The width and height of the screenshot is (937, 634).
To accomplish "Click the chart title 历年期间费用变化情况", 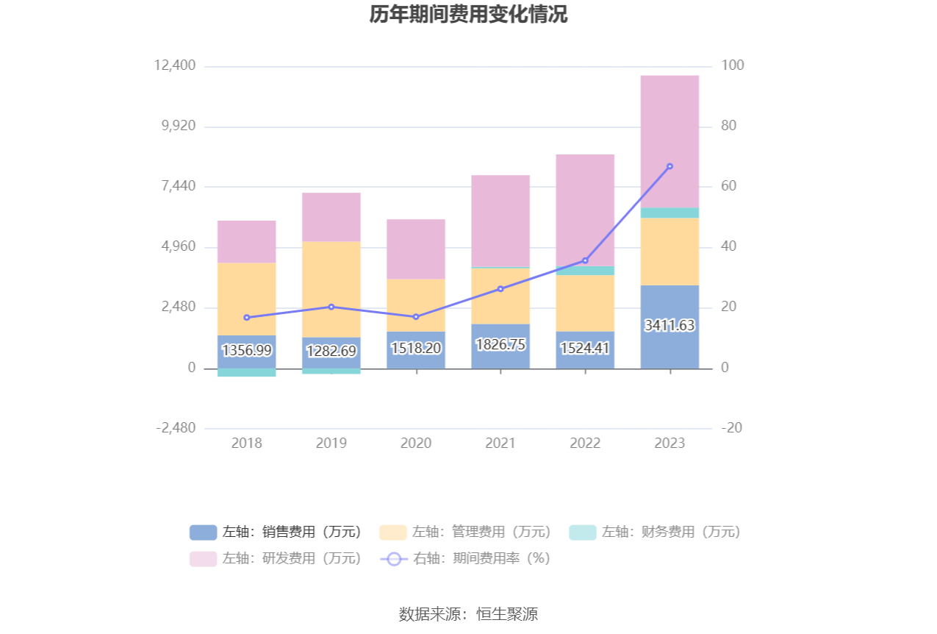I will tap(468, 15).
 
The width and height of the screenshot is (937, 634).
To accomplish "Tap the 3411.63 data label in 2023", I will tap(669, 325).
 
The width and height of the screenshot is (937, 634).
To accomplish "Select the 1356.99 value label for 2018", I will tap(246, 351).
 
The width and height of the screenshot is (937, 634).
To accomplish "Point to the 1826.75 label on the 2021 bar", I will tap(500, 344).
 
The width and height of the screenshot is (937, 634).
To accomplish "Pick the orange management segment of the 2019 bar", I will tap(331, 289).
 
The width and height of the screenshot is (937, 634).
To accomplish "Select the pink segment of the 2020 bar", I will tap(415, 249).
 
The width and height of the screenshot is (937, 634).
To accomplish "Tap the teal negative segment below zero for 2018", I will tap(246, 372).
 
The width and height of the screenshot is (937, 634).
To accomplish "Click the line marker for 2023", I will tap(669, 166).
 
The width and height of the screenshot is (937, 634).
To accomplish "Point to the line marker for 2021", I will tap(500, 289).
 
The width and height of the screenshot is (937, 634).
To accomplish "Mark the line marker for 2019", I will tap(331, 307).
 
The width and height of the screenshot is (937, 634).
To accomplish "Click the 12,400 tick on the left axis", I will tap(175, 66).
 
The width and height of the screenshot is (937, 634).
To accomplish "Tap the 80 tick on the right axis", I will tap(729, 127).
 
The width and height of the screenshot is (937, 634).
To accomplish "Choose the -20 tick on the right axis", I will tap(731, 428).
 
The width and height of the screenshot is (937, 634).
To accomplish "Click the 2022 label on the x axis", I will tap(585, 444).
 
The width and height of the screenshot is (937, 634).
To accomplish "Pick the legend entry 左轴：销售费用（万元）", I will tap(276, 532).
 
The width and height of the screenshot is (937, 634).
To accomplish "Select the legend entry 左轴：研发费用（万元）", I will tap(276, 558).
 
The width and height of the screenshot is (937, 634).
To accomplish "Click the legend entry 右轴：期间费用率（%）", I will tap(466, 558).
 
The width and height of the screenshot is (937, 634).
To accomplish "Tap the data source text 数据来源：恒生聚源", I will tap(468, 614).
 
